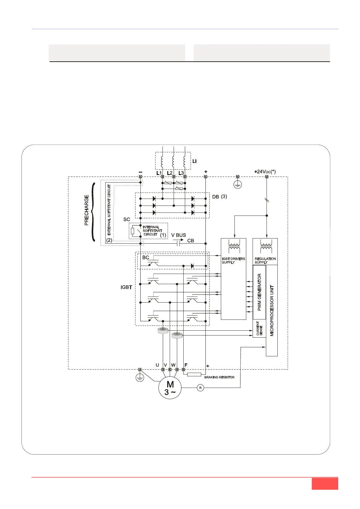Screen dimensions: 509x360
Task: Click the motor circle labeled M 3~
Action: [170, 388]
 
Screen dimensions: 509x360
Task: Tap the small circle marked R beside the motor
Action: [200, 388]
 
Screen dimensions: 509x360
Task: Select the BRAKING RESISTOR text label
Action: [219, 377]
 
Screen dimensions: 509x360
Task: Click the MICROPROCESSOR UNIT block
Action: [272, 311]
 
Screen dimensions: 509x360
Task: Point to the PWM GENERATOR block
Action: [259, 292]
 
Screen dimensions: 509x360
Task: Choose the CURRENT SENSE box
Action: [259, 329]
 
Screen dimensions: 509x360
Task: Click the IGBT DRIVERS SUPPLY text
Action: [233, 261]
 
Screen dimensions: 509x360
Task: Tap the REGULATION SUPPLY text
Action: [265, 261]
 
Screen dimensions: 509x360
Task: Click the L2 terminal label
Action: [170, 173]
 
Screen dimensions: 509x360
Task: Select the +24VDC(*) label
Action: [265, 172]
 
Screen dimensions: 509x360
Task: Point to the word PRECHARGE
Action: [87, 210]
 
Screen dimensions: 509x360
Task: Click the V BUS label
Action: [178, 235]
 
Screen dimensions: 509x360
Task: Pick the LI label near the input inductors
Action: [195, 161]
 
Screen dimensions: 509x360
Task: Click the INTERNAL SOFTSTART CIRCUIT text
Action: [152, 231]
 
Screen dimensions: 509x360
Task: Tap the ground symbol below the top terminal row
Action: [238, 185]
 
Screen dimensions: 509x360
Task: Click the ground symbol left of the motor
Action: [139, 378]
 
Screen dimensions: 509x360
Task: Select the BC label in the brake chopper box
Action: [146, 258]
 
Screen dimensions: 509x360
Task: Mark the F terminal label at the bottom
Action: [186, 365]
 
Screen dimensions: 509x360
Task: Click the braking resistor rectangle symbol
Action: [194, 374]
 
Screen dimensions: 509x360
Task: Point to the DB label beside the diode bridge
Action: [215, 197]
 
